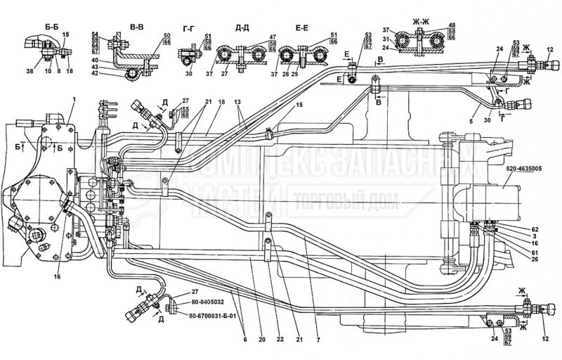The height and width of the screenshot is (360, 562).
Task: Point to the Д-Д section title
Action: tap(242, 27)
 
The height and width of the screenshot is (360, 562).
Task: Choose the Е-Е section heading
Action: tap(302, 27)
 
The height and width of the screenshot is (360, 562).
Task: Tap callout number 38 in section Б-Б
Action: tap(30, 70)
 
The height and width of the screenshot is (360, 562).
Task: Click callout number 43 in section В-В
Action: tap(95, 66)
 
